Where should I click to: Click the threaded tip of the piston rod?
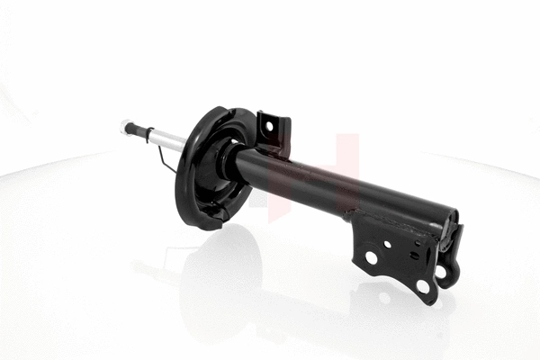tap(124, 127)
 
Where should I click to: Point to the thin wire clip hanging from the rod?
tap(164, 160)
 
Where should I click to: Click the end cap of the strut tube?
tap(447, 220)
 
